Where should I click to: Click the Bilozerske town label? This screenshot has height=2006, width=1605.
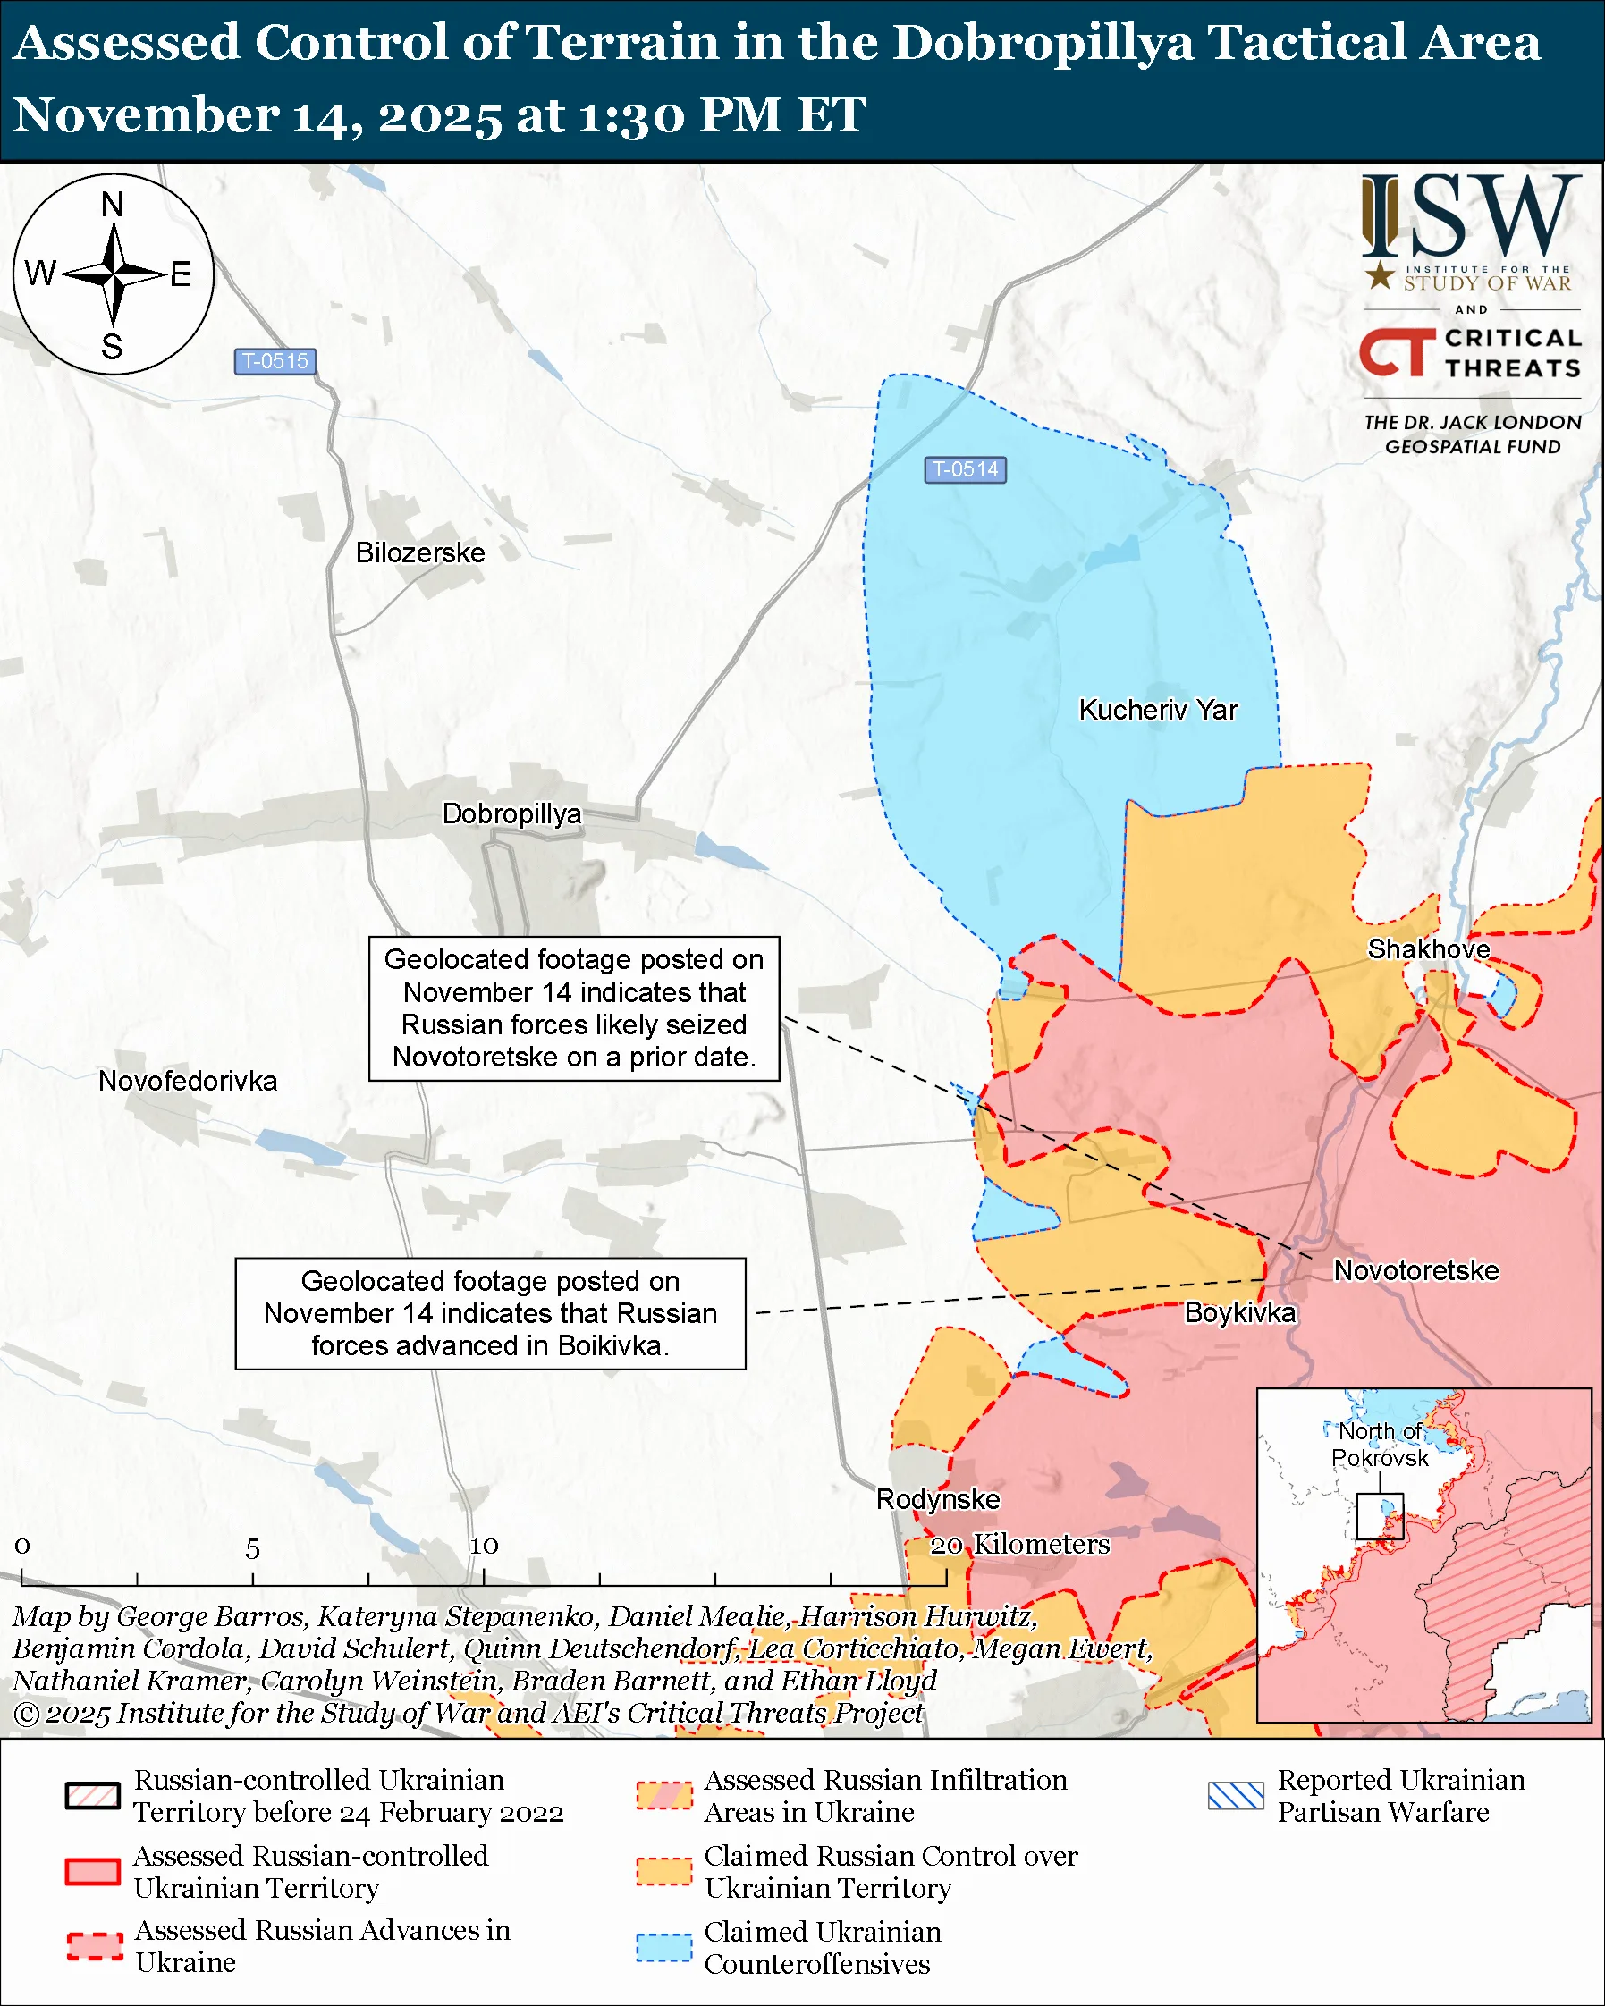click(419, 552)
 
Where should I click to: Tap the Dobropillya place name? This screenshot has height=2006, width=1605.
click(511, 813)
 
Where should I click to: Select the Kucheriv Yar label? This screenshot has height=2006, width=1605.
click(1157, 710)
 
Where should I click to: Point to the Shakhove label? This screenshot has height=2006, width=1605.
click(1428, 949)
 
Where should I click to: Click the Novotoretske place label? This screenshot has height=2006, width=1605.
click(1416, 1270)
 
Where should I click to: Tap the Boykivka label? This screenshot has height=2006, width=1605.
click(1239, 1313)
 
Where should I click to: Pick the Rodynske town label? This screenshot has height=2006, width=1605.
click(938, 1499)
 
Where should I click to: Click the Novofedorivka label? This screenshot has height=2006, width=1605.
click(188, 1081)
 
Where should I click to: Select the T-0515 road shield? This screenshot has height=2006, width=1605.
click(275, 361)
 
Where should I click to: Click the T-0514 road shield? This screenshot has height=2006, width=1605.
click(965, 470)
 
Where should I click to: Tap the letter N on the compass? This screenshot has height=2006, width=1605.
click(113, 204)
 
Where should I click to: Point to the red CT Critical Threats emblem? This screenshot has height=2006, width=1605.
click(1397, 351)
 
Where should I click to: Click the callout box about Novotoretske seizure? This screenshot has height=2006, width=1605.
click(573, 1007)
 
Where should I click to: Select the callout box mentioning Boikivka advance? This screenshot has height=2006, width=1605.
click(489, 1313)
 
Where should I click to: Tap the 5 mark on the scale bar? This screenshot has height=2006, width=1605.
click(252, 1549)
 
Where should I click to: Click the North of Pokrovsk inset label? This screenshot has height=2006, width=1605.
click(1379, 1444)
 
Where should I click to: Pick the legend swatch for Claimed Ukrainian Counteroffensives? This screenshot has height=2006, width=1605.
click(664, 1947)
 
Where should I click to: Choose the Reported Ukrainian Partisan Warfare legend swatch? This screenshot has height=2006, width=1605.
click(1236, 1796)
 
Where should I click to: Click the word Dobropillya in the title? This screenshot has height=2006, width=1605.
click(1042, 44)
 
